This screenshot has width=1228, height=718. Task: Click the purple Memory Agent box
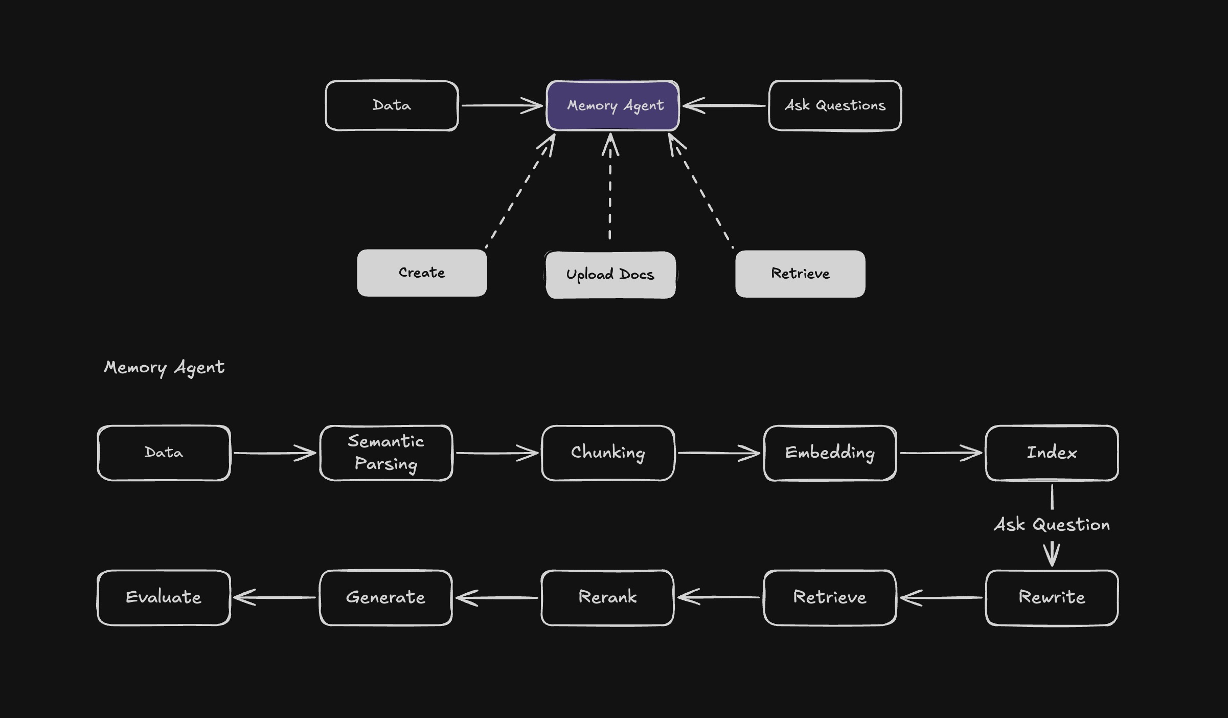(x=612, y=105)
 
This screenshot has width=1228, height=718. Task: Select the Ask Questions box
(x=835, y=105)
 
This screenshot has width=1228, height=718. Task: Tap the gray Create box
(x=422, y=273)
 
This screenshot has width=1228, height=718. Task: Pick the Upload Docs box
(x=610, y=275)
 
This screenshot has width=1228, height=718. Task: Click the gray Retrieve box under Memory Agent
(x=800, y=274)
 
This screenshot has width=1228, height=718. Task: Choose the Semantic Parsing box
(x=386, y=453)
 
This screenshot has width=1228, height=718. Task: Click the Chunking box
(x=608, y=453)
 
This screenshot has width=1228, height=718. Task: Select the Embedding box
(x=830, y=453)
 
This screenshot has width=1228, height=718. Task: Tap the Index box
(x=1052, y=453)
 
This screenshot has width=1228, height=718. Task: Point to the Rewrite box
(x=1052, y=597)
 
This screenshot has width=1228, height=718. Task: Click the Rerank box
(x=607, y=597)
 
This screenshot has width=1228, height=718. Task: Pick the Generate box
(x=385, y=597)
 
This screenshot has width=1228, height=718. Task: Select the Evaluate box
(x=164, y=597)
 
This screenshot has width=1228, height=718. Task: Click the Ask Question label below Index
(x=1052, y=525)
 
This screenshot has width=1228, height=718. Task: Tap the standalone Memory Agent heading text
(x=164, y=367)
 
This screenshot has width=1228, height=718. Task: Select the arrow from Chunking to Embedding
(x=718, y=453)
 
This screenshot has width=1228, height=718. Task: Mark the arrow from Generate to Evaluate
(x=275, y=597)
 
